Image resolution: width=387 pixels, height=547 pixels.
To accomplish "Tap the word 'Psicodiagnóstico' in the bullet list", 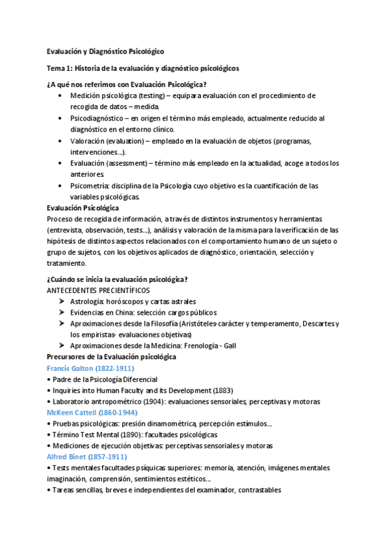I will click(97, 119).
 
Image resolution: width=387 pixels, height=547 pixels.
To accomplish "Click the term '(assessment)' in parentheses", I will click(129, 164).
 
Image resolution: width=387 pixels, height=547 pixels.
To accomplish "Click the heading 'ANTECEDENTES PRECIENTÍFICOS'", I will click(98, 290).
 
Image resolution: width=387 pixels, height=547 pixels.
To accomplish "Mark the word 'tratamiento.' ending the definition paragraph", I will click(66, 263).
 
